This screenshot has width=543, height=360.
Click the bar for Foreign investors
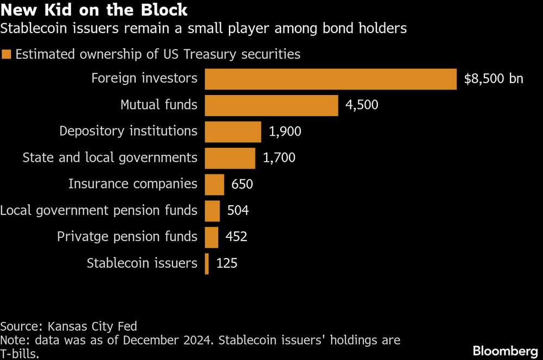pos(330,79)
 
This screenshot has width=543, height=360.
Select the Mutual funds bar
pos(271,105)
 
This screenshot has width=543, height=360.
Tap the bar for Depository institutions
pos(233,131)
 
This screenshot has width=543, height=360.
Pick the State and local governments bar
pos(230,158)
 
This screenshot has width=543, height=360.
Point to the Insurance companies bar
pos(214,184)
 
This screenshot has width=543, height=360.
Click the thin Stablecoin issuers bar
pos(207,264)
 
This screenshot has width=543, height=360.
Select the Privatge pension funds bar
pos(212,237)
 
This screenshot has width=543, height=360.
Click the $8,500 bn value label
pos(494,79)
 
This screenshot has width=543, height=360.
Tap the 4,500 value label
pos(362,105)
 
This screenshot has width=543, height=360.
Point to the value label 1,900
pos(285,131)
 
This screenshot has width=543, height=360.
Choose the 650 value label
pos(242,184)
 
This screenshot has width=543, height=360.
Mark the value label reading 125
pos(227,264)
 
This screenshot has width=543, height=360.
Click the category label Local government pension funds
pos(99,210)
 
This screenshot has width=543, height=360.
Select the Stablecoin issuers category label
pos(142,263)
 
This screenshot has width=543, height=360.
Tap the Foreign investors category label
pos(144,78)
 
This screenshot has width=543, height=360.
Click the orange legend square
pos(7,54)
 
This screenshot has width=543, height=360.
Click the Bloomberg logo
pos(504,351)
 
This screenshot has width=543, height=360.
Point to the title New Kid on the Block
pos(94,10)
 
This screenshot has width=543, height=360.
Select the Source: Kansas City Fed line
pos(68,326)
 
